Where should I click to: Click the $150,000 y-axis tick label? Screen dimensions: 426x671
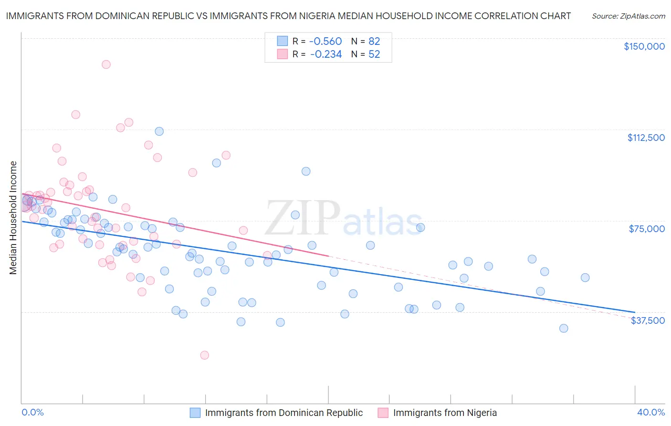click(644, 46)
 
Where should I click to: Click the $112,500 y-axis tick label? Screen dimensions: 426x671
click(646, 138)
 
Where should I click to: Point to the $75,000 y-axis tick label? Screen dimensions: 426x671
click(647, 229)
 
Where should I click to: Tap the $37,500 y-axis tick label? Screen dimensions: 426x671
click(648, 320)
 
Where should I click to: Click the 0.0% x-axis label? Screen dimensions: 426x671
click(32, 412)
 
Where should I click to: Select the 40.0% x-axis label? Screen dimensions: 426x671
click(651, 412)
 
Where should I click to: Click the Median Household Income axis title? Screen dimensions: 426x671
click(13, 218)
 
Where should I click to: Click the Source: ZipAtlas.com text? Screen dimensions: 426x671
click(629, 16)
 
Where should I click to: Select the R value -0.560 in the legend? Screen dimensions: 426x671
click(325, 41)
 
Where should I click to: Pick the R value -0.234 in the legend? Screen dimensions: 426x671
click(325, 54)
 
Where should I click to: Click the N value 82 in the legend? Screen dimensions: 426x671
click(374, 41)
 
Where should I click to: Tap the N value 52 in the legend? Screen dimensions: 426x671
click(374, 54)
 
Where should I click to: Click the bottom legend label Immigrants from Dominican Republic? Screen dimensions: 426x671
click(283, 413)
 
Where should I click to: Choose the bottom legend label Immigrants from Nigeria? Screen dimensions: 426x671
click(445, 413)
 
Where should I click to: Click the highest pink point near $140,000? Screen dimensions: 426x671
click(106, 64)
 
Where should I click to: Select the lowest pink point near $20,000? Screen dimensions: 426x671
click(205, 355)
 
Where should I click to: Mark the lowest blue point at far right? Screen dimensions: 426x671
click(564, 328)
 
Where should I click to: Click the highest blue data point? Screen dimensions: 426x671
click(159, 131)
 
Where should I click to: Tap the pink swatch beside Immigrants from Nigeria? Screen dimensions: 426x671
click(383, 413)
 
